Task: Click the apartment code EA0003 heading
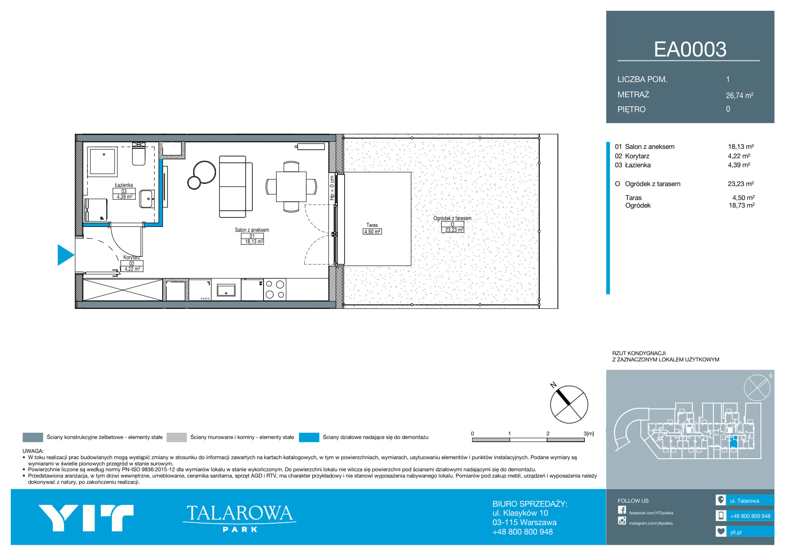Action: point(690,49)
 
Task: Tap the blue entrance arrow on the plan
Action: point(65,255)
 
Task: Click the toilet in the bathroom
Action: point(138,153)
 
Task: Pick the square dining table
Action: point(291,187)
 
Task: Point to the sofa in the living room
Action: point(235,187)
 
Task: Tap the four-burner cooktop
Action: point(275,289)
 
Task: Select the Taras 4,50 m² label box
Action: point(372,232)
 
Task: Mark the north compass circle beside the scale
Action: point(569,404)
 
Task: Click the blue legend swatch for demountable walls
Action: point(309,437)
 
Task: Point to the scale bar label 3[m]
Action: point(589,434)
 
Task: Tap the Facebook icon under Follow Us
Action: point(622,510)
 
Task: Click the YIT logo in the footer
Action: point(86,518)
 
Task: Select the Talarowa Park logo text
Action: point(239,518)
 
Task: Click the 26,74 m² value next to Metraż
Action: point(739,96)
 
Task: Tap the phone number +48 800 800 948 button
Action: point(745,516)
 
